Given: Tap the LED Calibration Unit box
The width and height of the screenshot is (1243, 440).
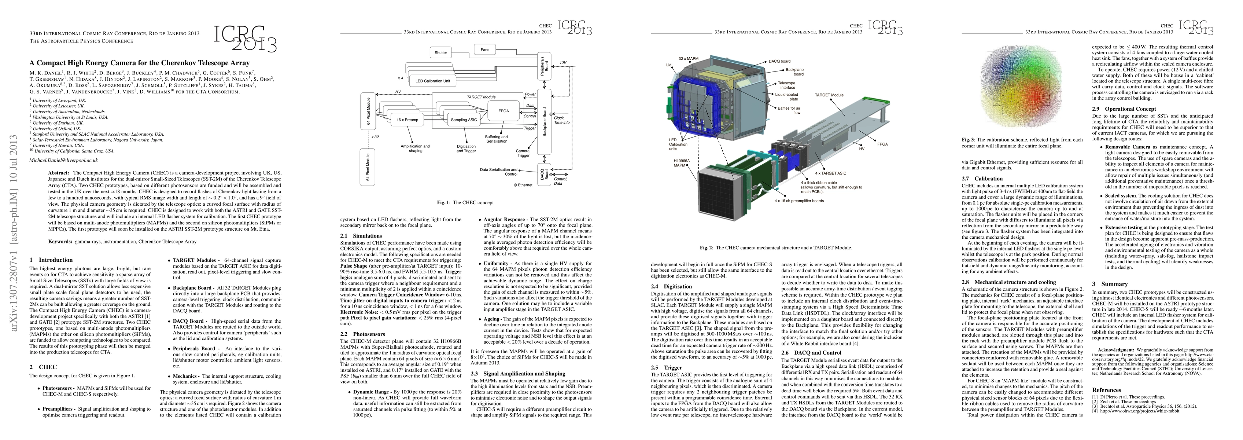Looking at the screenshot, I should point(432,81).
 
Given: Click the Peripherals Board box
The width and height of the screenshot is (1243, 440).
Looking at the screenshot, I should point(544,65).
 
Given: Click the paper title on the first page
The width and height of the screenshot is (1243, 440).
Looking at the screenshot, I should point(140,63).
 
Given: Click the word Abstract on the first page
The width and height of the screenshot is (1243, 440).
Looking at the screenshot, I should point(59,172).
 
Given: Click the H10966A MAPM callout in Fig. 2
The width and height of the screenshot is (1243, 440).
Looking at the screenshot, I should point(682,163).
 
